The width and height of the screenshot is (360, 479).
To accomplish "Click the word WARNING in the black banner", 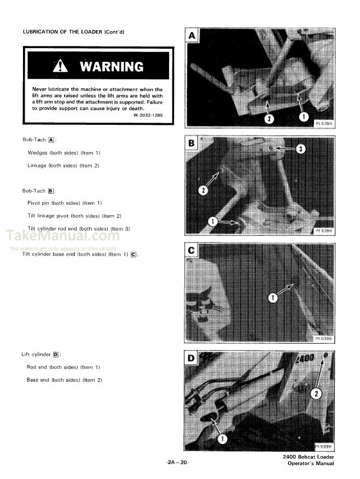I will click(x=112, y=67).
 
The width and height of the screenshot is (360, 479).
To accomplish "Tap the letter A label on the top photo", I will click(x=192, y=36).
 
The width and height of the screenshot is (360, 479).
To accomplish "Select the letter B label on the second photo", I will click(x=192, y=144).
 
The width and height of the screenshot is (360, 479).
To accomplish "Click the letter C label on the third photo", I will click(x=192, y=251).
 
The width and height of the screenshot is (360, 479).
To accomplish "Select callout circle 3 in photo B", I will click(x=300, y=149).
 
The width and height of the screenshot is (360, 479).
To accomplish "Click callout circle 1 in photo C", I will click(x=273, y=297).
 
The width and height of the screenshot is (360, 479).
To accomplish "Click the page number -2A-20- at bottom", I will click(x=177, y=463).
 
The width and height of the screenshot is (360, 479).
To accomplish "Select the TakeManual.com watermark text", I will click(x=62, y=236).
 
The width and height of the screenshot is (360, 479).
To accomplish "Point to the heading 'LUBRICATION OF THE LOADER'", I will click(x=73, y=32).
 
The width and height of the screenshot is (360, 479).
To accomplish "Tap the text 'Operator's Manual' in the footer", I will click(x=311, y=464).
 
